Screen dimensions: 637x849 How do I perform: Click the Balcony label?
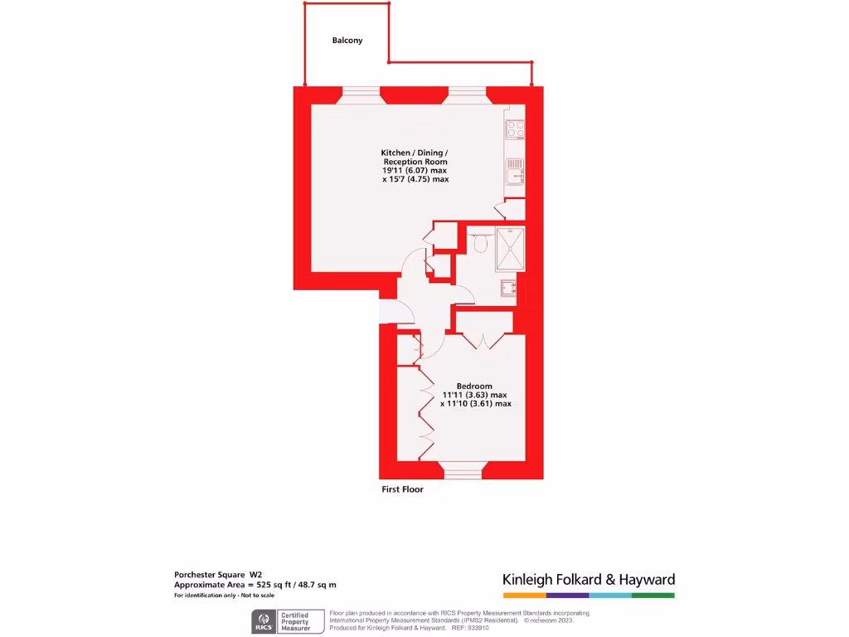[347, 40]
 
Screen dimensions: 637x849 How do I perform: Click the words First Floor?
[401, 489]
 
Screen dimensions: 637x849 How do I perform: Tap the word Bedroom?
[474, 386]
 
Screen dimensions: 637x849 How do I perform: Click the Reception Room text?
[415, 162]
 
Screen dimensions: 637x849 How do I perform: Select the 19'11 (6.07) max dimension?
[415, 170]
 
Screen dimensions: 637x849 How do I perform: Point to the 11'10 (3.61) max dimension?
[475, 404]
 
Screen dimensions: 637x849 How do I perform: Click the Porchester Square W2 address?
[218, 574]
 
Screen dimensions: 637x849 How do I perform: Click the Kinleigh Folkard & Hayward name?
[589, 580]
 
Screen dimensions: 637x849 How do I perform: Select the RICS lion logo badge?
[264, 621]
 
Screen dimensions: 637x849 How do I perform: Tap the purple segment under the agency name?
[567, 596]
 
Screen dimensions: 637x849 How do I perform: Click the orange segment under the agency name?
[524, 596]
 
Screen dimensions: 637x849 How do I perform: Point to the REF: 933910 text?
[470, 628]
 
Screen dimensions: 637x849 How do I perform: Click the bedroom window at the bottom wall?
[463, 473]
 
